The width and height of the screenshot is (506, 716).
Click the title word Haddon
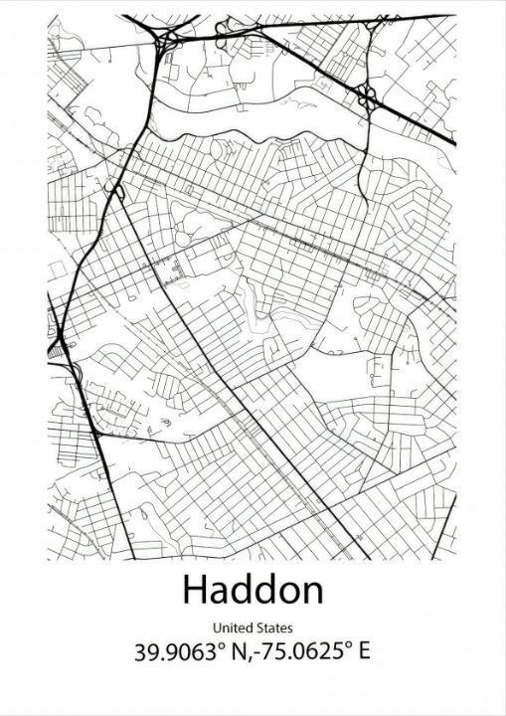(x=253, y=590)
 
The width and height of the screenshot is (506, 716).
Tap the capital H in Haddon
(x=193, y=590)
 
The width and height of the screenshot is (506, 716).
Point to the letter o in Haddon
(x=288, y=593)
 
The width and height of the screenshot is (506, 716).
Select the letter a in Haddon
(x=220, y=593)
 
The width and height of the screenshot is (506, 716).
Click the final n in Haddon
(x=312, y=593)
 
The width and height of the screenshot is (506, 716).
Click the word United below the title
(x=232, y=628)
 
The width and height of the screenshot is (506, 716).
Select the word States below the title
(x=274, y=628)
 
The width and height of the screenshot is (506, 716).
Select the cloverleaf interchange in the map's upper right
(x=369, y=97)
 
